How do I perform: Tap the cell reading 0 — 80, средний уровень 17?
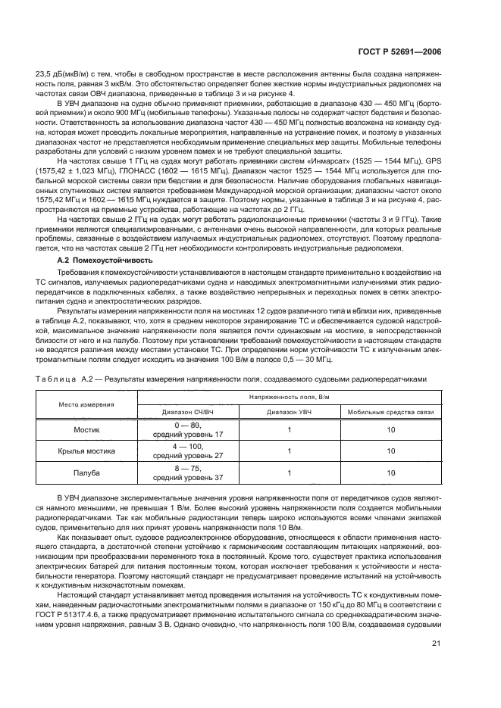click(x=188, y=429)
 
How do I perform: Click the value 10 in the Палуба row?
click(x=390, y=473)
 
